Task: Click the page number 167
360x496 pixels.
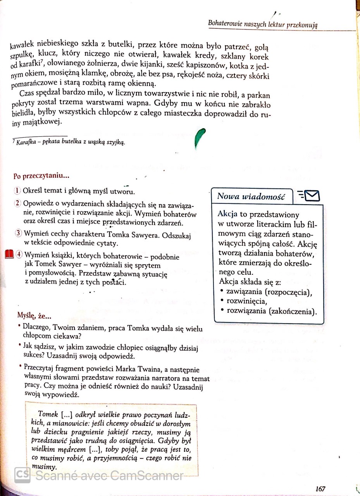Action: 320,489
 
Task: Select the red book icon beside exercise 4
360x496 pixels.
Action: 9,255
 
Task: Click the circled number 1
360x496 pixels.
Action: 17,191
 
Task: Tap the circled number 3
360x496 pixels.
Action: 18,233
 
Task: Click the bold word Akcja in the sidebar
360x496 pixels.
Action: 227,214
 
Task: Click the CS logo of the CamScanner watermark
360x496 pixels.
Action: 22,475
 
